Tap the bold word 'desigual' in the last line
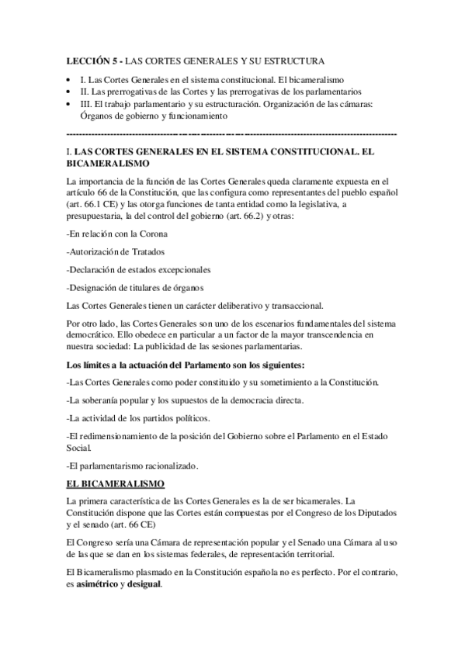point(144,584)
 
